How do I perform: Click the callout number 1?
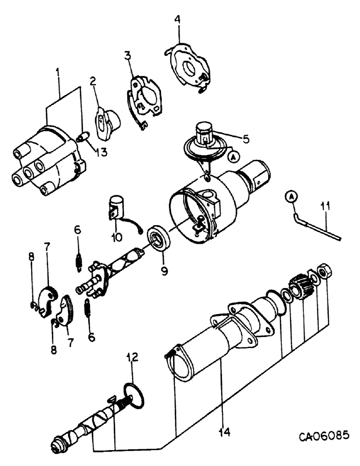[x=58, y=74]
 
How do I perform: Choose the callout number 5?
[x=246, y=139]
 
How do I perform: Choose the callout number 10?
[x=117, y=237]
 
